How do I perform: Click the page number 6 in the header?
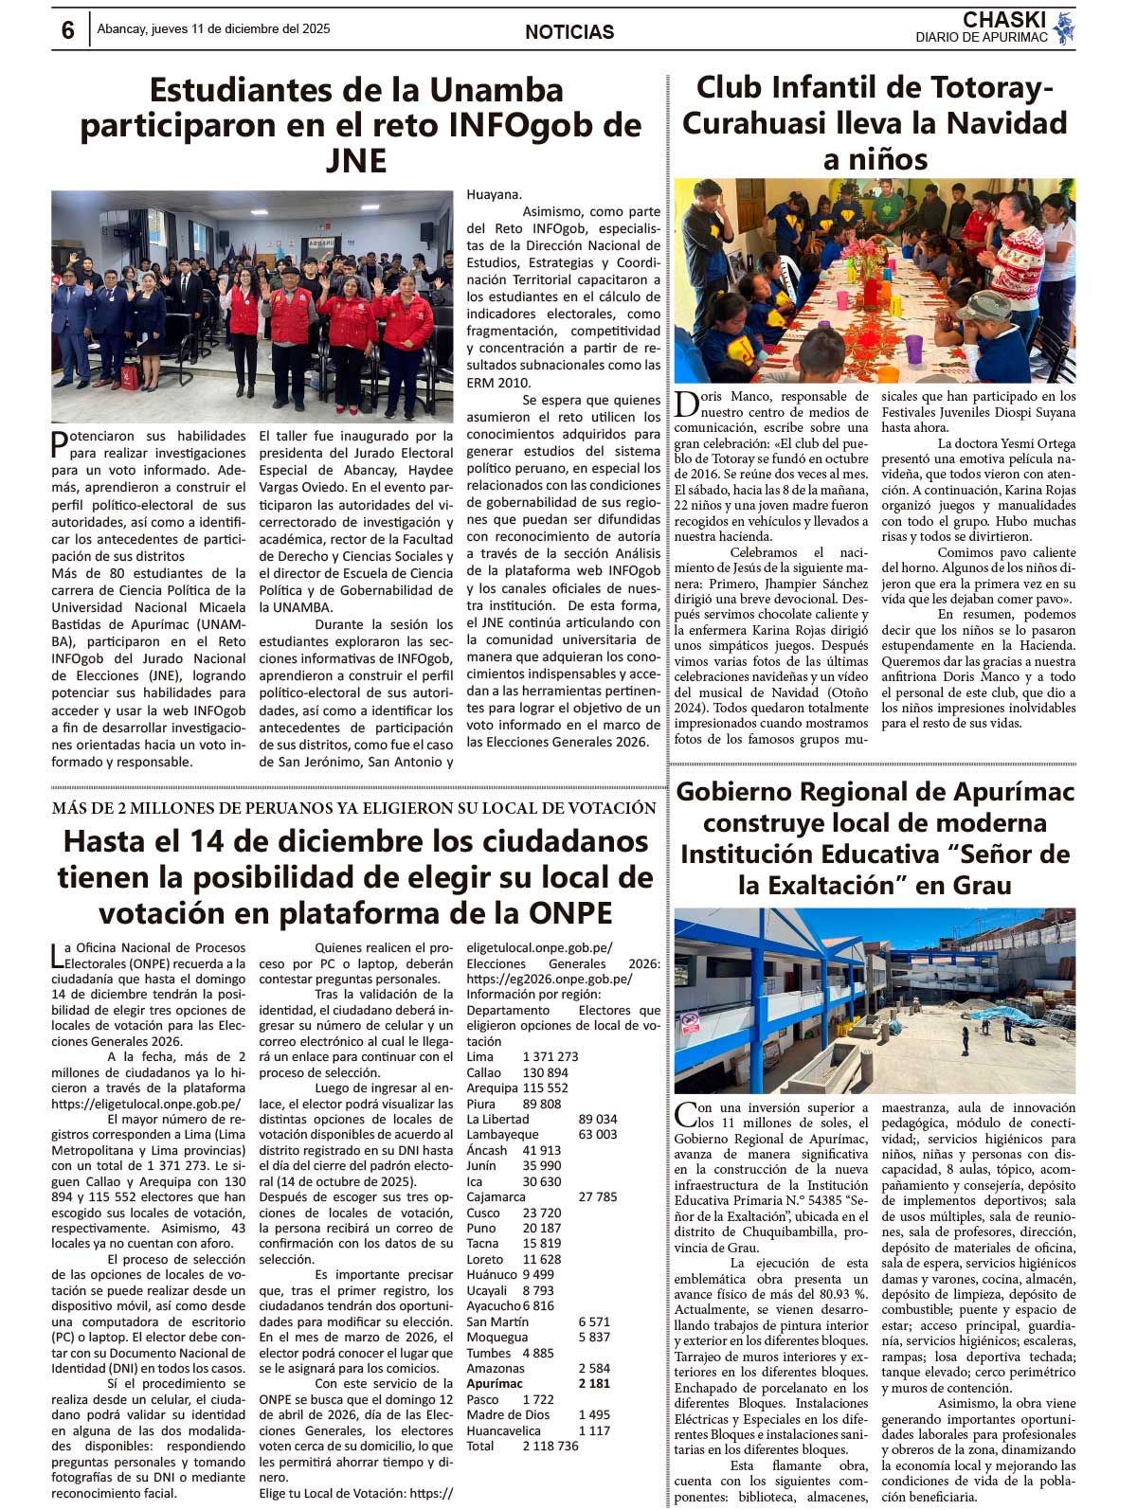pos(67,30)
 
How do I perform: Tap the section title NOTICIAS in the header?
pos(569,32)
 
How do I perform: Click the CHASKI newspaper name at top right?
pos(1003,20)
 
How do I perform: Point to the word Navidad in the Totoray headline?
pos(1006,123)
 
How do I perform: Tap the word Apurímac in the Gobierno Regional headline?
pos(1011,791)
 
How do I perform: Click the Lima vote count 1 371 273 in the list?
pos(550,1056)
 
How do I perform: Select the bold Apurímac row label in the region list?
pos(494,1383)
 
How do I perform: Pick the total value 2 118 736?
pos(550,1446)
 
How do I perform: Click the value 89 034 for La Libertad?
pos(597,1119)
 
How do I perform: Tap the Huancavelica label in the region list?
pos(503,1430)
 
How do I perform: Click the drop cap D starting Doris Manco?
pos(686,404)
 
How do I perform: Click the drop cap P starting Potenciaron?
pos(59,443)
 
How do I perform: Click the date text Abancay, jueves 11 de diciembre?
pos(213,29)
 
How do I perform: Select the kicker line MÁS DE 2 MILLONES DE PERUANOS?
pos(354,808)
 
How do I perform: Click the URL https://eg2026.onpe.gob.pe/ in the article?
pos(549,979)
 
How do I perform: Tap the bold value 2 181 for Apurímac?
pos(594,1383)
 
